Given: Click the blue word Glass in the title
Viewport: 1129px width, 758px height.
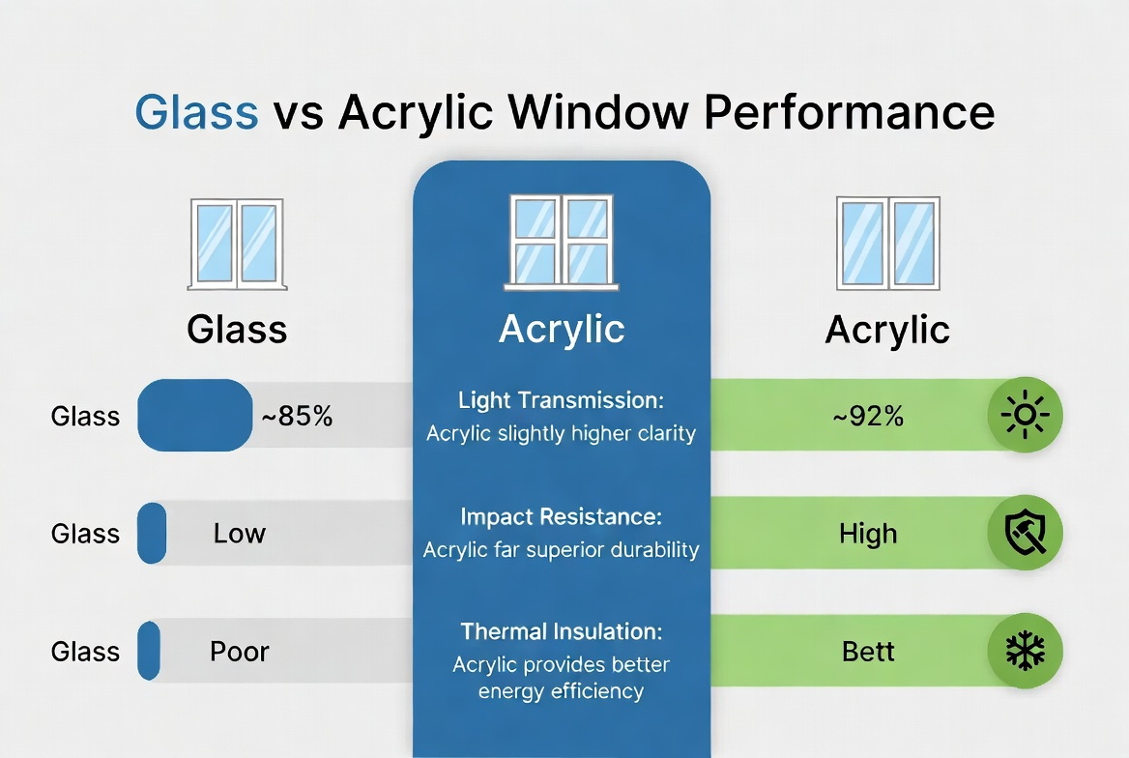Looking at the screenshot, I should (196, 112).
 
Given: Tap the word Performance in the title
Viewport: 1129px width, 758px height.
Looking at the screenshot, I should (850, 112).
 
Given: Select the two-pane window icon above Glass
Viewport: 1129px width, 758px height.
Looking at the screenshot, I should (237, 245).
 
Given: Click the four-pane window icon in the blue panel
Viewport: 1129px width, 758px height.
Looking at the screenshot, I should (562, 242).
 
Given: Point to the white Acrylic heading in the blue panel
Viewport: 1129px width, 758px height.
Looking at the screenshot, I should (562, 330).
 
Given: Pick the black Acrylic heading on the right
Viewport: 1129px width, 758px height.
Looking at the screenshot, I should (887, 330).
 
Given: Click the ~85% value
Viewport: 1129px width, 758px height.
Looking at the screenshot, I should (297, 417).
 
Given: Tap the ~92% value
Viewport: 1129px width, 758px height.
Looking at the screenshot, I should (868, 417).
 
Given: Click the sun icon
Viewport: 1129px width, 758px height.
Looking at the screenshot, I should (1026, 416).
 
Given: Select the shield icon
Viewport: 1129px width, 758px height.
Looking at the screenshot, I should (1026, 533).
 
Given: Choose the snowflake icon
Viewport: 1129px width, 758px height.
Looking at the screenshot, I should (1026, 651).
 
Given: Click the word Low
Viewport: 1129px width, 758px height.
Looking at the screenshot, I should (239, 534).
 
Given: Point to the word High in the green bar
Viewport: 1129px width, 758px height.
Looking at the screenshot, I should (868, 534).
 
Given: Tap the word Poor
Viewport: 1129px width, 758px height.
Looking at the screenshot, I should (239, 652).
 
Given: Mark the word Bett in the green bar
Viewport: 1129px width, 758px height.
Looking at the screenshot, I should (868, 652).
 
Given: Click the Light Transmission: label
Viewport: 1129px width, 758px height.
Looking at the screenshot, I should (562, 400).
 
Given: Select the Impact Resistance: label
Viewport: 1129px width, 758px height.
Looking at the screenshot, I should (562, 517).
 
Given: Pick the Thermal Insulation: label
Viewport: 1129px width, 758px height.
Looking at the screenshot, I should (562, 632).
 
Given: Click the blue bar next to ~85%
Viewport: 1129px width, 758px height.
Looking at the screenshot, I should (195, 416).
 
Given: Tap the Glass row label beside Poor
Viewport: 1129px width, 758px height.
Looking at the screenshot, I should (85, 652).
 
